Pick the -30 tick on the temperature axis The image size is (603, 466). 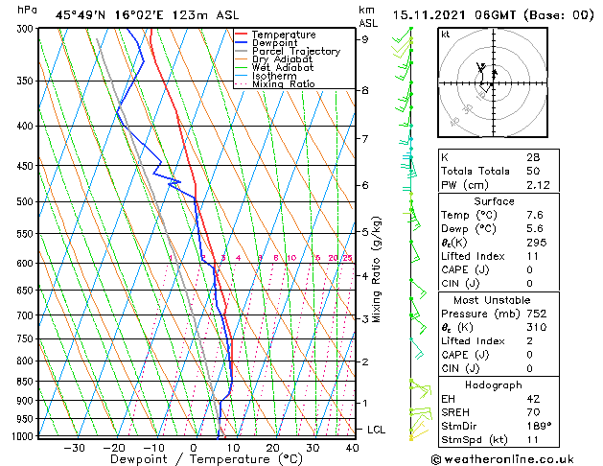point(74,447)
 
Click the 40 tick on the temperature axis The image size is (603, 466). point(353,447)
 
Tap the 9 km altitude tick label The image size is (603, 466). point(364,39)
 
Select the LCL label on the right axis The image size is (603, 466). point(376,430)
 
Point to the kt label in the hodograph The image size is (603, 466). point(445,34)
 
